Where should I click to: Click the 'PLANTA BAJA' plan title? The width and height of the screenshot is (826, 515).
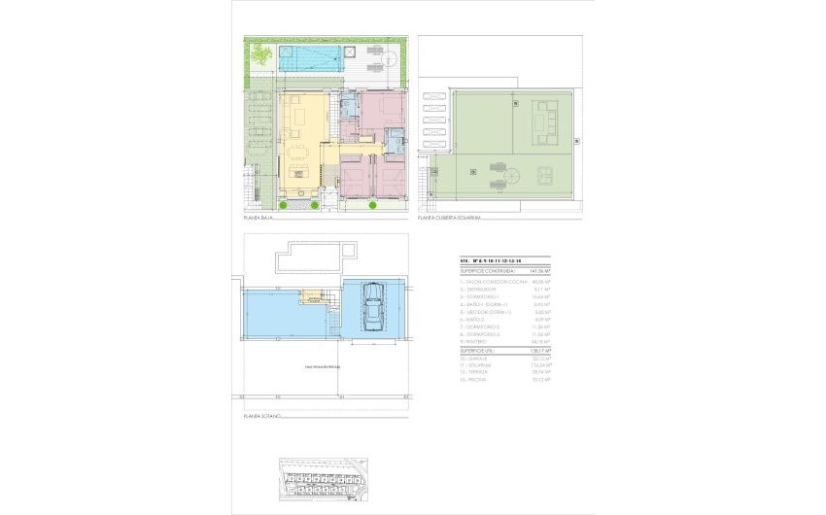[258, 218]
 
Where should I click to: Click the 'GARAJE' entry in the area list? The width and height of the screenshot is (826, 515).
[475, 357]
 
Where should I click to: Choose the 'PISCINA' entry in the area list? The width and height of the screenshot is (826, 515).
[475, 380]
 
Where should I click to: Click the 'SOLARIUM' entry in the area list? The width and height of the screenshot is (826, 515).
[477, 364]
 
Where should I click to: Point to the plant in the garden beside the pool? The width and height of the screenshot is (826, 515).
[259, 56]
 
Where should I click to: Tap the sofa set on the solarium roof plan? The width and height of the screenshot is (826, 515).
[537, 123]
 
